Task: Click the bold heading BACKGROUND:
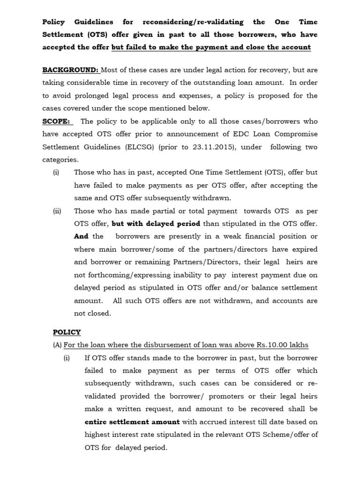pos(70,70)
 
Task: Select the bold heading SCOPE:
pos(56,121)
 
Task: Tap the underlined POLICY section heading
pos(67,332)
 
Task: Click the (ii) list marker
pos(57,211)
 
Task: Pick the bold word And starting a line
pos(81,236)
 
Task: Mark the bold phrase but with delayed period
pos(156,224)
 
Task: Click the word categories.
pos(60,160)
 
